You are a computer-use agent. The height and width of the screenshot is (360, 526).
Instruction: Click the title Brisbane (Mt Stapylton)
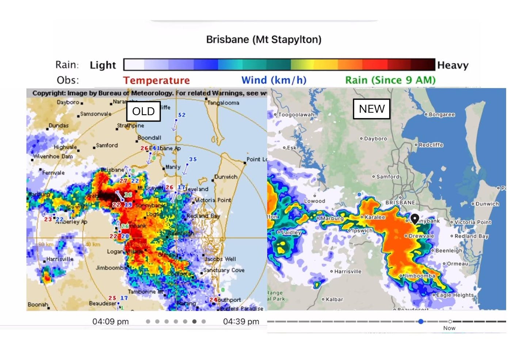pyautogui.click(x=263, y=39)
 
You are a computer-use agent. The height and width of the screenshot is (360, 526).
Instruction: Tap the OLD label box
pyautogui.click(x=143, y=111)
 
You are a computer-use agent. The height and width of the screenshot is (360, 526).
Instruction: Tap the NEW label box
pyautogui.click(x=371, y=109)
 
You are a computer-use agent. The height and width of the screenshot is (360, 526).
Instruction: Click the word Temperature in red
pyautogui.click(x=156, y=80)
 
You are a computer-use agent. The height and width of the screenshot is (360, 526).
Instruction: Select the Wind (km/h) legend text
pyautogui.click(x=274, y=80)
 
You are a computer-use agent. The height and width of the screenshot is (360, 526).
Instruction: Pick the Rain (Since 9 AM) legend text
pyautogui.click(x=390, y=80)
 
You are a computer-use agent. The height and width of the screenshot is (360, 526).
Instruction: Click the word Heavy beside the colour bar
pyautogui.click(x=453, y=65)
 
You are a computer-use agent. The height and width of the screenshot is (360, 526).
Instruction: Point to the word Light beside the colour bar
pyautogui.click(x=103, y=65)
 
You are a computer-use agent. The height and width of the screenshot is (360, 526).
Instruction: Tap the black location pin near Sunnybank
pyautogui.click(x=415, y=218)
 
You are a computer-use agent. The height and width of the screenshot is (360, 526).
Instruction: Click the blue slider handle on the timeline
pyautogui.click(x=421, y=321)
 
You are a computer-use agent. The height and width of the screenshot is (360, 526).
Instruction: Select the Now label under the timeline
pyautogui.click(x=449, y=328)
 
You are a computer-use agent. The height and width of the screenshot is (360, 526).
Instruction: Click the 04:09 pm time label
pyautogui.click(x=110, y=322)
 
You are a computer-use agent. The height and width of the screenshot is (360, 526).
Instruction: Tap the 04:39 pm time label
pyautogui.click(x=241, y=322)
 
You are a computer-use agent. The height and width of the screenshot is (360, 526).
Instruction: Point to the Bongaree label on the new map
pyautogui.click(x=442, y=115)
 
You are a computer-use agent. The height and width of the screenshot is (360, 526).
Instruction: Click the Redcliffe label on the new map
pyautogui.click(x=431, y=145)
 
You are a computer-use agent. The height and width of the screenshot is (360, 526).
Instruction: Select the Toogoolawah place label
pyautogui.click(x=296, y=115)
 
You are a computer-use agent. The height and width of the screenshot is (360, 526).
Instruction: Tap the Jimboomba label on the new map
pyautogui.click(x=419, y=276)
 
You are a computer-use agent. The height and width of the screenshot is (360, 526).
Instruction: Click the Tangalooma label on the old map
pyautogui.click(x=223, y=103)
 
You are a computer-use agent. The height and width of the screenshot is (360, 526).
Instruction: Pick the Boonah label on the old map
pyautogui.click(x=38, y=305)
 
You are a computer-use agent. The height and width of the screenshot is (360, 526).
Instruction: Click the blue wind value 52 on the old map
pyautogui.click(x=182, y=115)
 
